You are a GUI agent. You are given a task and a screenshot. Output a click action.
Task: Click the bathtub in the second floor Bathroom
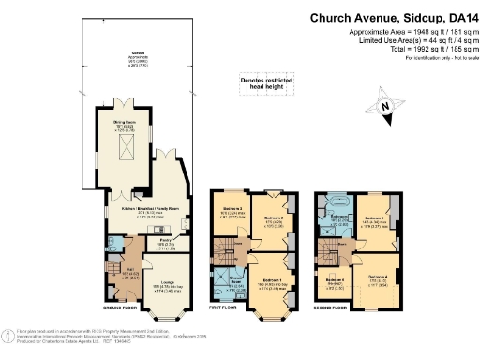336,202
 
